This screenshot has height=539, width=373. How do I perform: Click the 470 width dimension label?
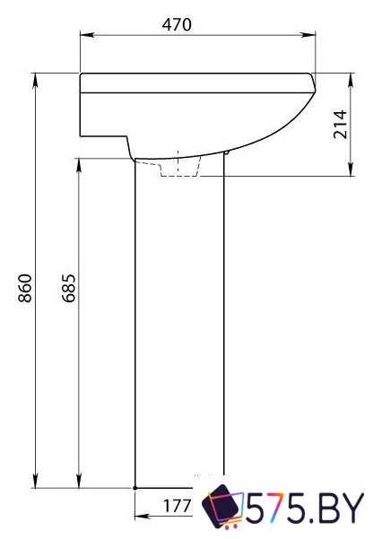pyautogui.click(x=177, y=24)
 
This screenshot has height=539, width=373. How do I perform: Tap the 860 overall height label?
pyautogui.click(x=25, y=288)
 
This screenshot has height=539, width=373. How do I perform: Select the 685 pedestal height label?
pyautogui.click(x=68, y=288)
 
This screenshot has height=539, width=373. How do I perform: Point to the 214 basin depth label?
pyautogui.click(x=341, y=125)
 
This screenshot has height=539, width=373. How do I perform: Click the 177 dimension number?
pyautogui.click(x=177, y=506)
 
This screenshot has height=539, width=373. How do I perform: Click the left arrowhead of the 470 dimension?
pyautogui.click(x=87, y=35)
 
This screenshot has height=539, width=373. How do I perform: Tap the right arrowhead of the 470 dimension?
pyautogui.click(x=308, y=35)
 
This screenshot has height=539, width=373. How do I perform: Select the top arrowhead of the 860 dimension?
pyautogui.click(x=36, y=81)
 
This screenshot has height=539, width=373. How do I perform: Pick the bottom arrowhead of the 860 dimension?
pyautogui.click(x=36, y=480)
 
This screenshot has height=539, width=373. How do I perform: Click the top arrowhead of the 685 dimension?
pyautogui.click(x=79, y=166)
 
